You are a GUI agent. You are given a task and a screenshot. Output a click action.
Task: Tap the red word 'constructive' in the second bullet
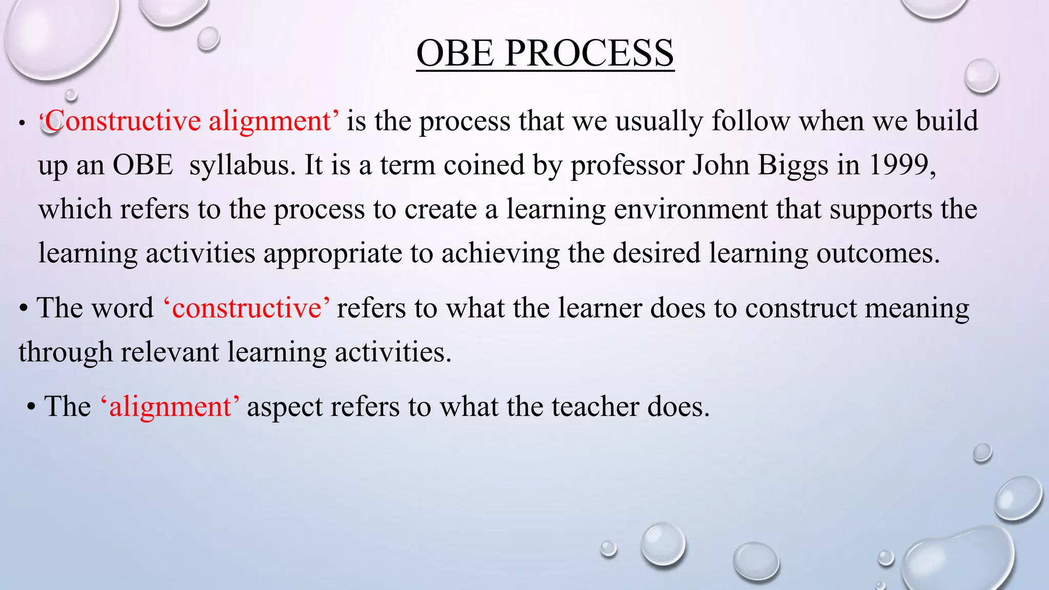click(x=246, y=308)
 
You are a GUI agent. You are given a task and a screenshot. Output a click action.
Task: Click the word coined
click(x=484, y=165)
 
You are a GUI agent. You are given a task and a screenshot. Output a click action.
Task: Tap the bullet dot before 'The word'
click(x=24, y=309)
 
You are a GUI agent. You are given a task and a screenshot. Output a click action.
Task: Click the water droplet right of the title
click(x=981, y=76)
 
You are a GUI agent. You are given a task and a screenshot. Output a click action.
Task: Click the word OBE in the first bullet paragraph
click(x=142, y=165)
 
